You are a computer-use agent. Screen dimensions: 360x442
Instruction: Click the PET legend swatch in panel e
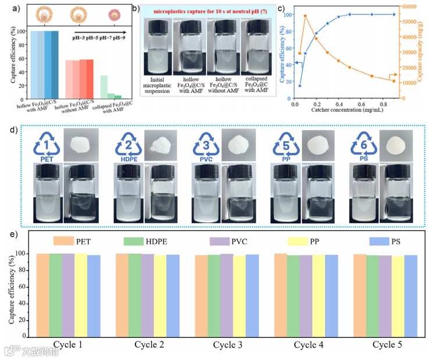click(x=63, y=241)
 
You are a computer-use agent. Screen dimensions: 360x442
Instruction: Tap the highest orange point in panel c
click(x=305, y=16)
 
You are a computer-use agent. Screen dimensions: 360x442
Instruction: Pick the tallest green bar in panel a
click(x=104, y=87)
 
